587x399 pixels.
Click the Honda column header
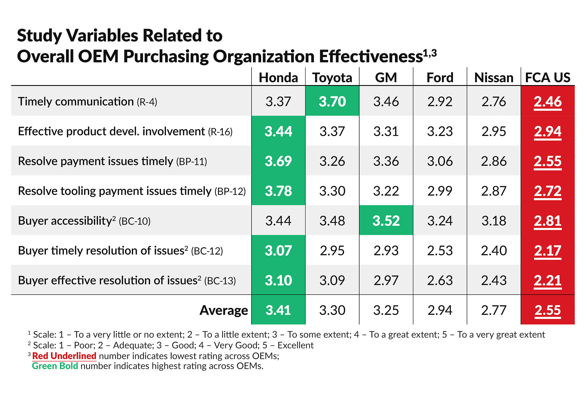tap(278, 78)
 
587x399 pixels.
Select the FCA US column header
tap(548, 78)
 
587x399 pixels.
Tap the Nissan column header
tap(494, 78)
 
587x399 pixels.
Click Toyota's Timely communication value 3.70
tap(332, 102)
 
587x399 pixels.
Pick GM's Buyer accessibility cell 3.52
tap(386, 221)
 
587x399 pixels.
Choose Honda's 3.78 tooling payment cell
tap(278, 191)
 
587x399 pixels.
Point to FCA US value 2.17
tap(548, 251)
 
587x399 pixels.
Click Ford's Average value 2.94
tap(440, 310)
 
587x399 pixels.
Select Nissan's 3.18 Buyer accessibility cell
tap(494, 221)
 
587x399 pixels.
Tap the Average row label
tap(224, 310)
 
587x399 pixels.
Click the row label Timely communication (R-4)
tap(87, 102)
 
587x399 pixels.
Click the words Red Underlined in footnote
tap(64, 356)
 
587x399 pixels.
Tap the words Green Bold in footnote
tap(55, 366)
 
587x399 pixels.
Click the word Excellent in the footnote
tap(296, 345)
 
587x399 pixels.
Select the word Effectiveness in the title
tap(371, 56)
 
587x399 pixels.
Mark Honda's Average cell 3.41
tap(278, 310)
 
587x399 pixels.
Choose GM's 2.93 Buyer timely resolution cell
tap(386, 251)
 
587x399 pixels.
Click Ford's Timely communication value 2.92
tap(440, 102)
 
